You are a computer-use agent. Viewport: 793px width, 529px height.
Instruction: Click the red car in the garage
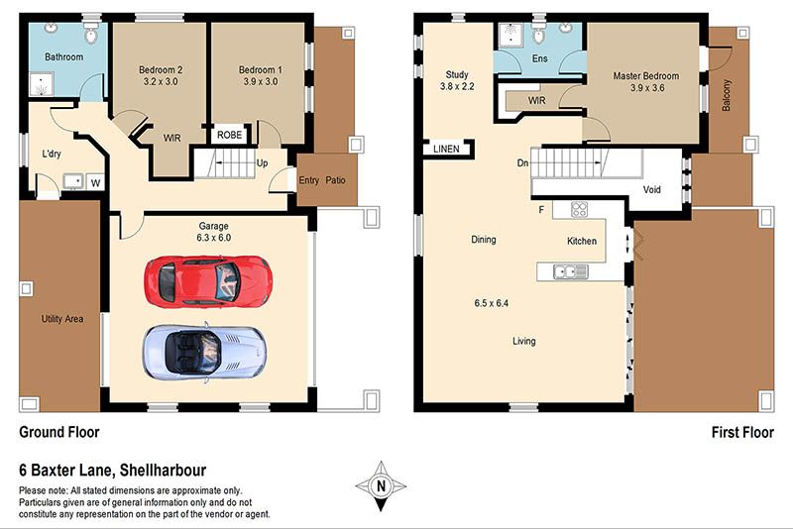tap(208, 281)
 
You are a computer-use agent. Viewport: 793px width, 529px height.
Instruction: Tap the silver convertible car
tap(205, 352)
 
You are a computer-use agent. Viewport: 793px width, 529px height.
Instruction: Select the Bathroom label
tap(63, 56)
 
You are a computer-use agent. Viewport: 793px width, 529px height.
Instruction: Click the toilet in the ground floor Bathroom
tap(91, 33)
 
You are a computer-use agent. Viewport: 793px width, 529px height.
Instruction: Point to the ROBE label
tap(230, 135)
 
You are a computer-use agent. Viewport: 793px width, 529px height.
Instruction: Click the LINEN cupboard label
tap(447, 149)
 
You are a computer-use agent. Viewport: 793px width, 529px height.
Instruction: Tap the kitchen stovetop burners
tap(579, 209)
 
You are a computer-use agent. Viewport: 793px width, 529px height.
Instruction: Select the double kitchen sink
tap(571, 271)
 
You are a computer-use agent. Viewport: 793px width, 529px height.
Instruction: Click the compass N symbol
tap(381, 486)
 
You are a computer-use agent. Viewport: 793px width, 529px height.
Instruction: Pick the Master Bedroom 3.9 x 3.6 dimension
tap(647, 88)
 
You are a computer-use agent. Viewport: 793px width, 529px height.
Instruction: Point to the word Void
tap(652, 189)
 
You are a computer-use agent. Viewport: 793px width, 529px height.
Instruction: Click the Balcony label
tap(727, 95)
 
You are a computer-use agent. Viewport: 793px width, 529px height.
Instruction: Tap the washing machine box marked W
tap(95, 182)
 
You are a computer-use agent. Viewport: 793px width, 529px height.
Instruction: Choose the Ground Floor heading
tap(59, 432)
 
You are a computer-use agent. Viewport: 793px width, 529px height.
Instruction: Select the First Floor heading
tap(742, 433)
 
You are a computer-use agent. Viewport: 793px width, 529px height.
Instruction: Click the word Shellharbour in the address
tap(163, 471)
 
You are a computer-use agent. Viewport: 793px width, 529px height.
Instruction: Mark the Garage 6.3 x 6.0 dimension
tap(213, 238)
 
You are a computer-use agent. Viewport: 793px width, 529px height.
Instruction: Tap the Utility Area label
tap(62, 319)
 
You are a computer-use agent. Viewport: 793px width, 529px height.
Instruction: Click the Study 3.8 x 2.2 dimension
tap(457, 86)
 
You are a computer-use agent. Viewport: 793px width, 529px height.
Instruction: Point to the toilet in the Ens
tap(539, 33)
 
